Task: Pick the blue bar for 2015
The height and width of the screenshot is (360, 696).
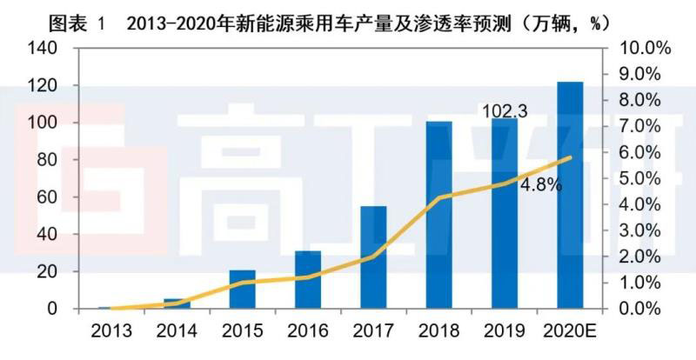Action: (242, 289)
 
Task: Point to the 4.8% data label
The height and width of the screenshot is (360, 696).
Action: (541, 184)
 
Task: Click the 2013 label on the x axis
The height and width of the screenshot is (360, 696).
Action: (110, 331)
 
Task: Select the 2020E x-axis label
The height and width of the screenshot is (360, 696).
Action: (570, 331)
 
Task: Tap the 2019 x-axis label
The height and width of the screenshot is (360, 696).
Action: (505, 331)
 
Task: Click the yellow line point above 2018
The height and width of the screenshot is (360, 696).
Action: (438, 198)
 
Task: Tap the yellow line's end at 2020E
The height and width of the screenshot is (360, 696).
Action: (571, 157)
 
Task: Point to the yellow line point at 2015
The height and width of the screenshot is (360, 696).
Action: (242, 283)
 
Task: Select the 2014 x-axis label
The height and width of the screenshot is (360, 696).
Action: (177, 331)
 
